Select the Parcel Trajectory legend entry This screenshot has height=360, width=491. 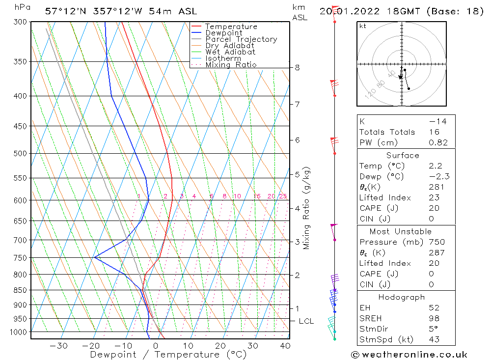[241, 39]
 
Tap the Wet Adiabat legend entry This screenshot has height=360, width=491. [230, 52]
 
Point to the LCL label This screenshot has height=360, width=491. [306, 321]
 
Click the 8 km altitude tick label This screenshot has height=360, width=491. [298, 67]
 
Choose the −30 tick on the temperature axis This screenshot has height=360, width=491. [58, 346]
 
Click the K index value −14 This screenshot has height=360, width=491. [437, 121]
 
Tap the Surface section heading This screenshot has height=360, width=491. [403, 156]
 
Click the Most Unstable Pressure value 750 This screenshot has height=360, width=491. [436, 242]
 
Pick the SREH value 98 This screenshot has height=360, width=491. [434, 318]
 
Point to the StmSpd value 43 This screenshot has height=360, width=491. [434, 339]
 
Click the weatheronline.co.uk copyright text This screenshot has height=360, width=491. [409, 355]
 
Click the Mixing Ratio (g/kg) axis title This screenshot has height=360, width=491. [307, 208]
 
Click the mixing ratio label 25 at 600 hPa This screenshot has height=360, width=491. [283, 196]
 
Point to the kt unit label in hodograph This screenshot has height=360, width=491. [363, 26]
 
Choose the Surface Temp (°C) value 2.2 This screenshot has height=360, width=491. [435, 166]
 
